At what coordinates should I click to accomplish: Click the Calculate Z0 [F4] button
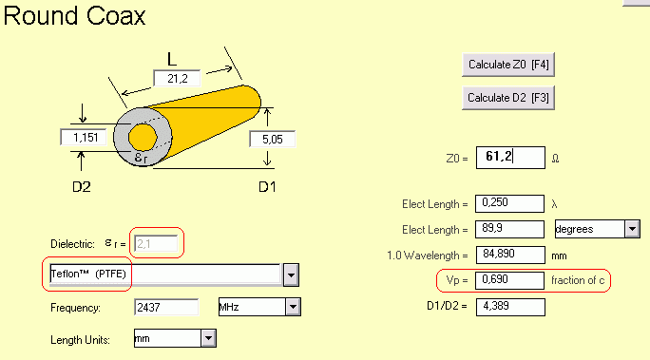tap(508, 65)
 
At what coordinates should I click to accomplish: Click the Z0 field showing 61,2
tap(510, 158)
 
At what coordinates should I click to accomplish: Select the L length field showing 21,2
tap(177, 78)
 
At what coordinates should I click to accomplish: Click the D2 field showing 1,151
tap(84, 137)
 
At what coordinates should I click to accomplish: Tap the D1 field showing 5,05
tap(273, 140)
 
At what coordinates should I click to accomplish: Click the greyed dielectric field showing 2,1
tap(156, 243)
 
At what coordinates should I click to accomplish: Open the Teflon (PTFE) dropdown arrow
tap(291, 275)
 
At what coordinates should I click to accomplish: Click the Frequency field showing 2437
tap(166, 308)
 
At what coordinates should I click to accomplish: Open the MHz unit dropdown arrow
tap(293, 307)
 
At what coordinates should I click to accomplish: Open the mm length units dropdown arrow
tap(208, 338)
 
